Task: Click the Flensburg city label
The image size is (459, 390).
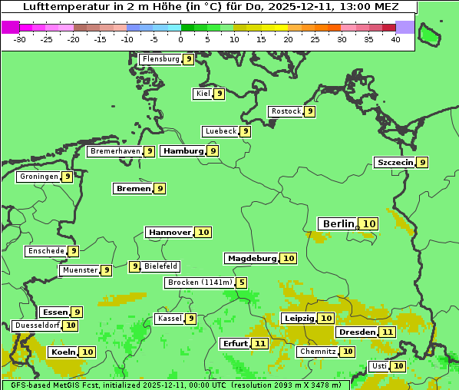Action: pos(160,59)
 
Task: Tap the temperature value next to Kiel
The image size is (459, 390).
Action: pos(219,94)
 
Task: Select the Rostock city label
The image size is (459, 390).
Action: pos(286,111)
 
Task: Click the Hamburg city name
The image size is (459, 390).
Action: pos(183,151)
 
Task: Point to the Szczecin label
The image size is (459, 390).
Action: pos(395,162)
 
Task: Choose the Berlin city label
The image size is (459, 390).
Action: pos(338,223)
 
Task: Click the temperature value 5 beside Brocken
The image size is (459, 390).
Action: pos(242,283)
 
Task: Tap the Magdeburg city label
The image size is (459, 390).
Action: pos(251,258)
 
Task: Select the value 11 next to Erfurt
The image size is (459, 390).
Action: pos(260,343)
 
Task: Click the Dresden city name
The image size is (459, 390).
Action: pos(356,332)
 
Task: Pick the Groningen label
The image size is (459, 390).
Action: pos(38,177)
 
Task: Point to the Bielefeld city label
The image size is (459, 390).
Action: pos(160,266)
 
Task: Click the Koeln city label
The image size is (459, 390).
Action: pos(62,352)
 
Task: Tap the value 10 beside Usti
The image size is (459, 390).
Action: pos(398,366)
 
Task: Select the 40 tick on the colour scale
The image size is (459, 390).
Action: pos(395,39)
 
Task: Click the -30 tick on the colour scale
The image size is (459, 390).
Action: pos(20,39)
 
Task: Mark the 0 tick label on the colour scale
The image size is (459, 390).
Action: pos(181,39)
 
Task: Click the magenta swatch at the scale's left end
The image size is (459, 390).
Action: pos(10,27)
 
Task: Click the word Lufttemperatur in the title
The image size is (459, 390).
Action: pos(59,6)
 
